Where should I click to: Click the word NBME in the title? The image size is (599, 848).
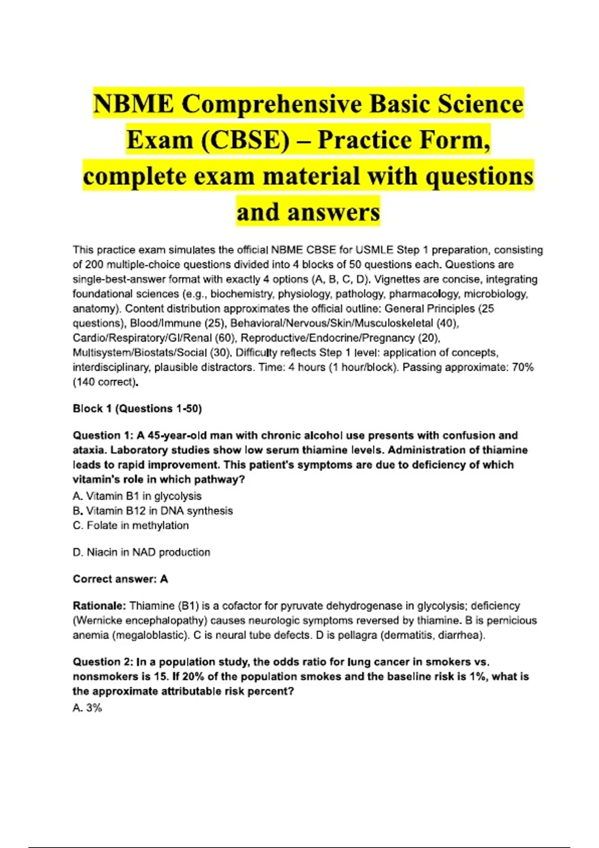click(133, 104)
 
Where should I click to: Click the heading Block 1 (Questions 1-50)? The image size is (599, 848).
click(137, 409)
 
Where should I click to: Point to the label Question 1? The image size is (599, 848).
click(103, 435)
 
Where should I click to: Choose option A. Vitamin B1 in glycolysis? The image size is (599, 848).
click(137, 496)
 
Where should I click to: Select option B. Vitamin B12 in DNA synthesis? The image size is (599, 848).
click(153, 511)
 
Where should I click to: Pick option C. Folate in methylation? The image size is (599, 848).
click(131, 525)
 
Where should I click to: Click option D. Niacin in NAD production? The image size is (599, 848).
click(141, 552)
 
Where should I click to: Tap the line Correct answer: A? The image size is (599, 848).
click(120, 579)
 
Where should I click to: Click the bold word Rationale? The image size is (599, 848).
click(99, 606)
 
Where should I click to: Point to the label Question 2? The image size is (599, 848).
click(103, 662)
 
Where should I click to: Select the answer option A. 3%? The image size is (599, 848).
click(87, 708)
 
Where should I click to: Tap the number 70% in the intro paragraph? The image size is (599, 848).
click(523, 368)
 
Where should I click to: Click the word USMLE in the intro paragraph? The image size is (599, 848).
click(374, 250)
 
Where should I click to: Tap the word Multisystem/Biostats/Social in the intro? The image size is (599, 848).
click(140, 353)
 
